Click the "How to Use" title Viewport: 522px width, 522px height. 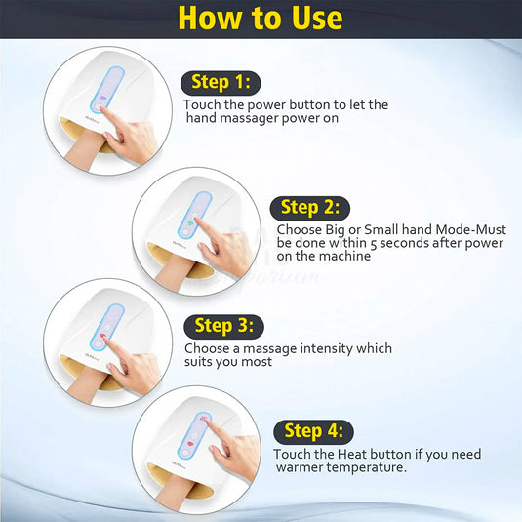(x=261, y=18)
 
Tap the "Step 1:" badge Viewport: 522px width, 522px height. (x=221, y=83)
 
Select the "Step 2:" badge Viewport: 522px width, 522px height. (x=310, y=208)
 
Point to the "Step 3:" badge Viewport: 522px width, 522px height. (x=223, y=326)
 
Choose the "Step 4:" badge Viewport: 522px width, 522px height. (x=313, y=432)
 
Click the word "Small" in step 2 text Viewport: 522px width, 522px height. (x=381, y=229)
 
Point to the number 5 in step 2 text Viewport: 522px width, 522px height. (x=374, y=244)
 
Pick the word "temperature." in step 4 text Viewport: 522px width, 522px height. (x=366, y=467)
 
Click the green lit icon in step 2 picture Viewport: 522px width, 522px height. (x=190, y=223)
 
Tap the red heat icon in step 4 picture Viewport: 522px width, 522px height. (x=202, y=418)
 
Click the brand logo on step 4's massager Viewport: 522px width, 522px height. (x=179, y=463)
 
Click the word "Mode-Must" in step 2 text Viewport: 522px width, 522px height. (x=470, y=229)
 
